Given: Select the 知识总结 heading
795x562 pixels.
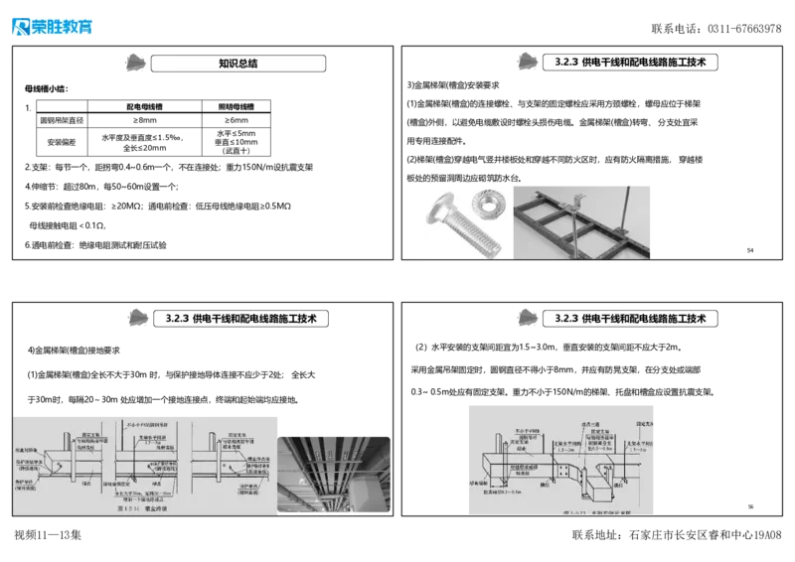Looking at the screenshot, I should tap(238, 63).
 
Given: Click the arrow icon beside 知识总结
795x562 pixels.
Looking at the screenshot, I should tap(130, 62).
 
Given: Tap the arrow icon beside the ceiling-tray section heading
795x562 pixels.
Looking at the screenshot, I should tap(138, 317).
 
